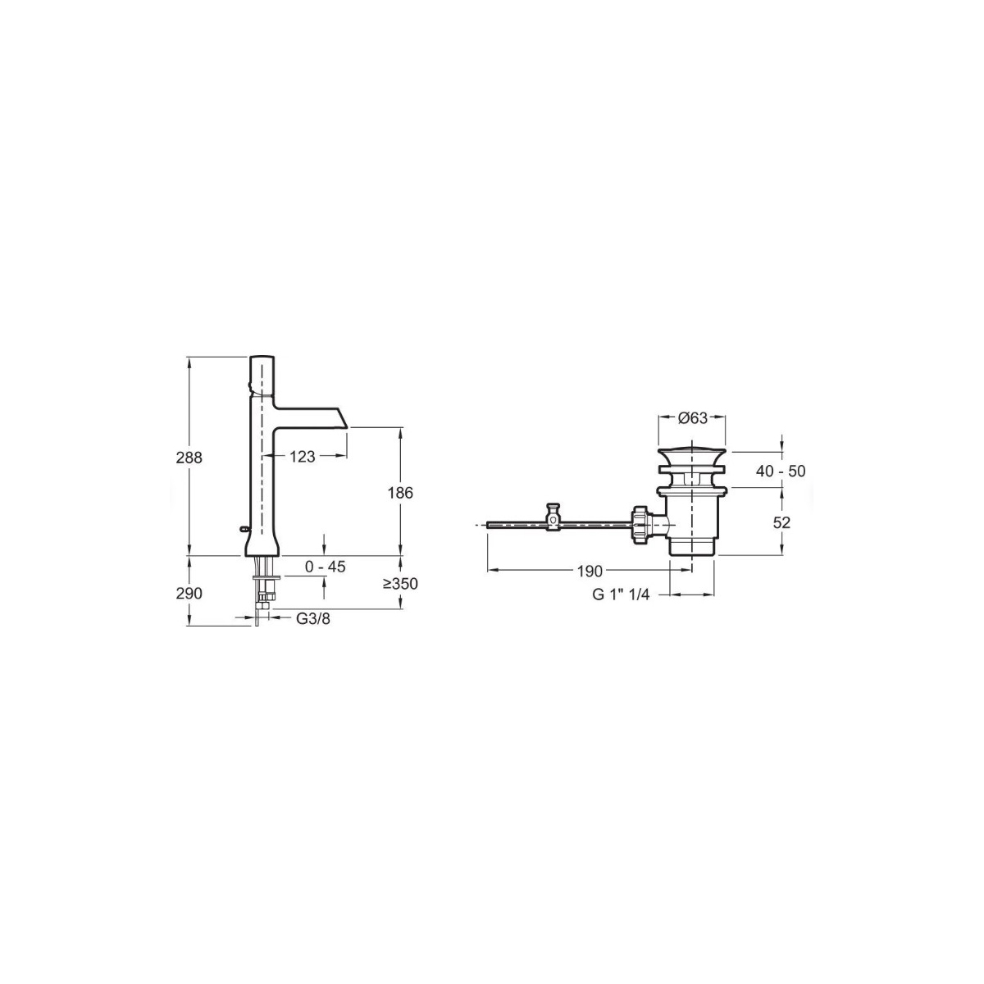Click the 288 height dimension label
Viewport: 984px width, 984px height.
click(189, 458)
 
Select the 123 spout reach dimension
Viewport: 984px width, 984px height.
click(303, 457)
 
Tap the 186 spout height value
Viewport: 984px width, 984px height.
click(400, 493)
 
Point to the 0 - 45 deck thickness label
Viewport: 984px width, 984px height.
click(326, 567)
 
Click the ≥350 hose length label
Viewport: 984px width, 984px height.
click(400, 583)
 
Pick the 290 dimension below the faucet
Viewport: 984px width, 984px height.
click(189, 594)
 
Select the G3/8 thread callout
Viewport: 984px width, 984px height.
click(313, 618)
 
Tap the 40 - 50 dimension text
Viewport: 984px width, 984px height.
click(781, 471)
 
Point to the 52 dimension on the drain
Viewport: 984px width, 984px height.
click(781, 522)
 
